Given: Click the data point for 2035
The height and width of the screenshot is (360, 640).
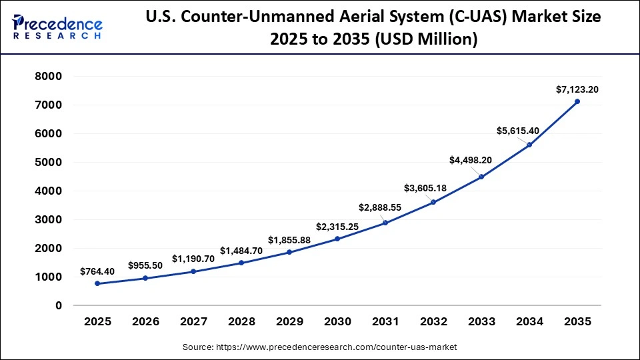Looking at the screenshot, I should (577, 101).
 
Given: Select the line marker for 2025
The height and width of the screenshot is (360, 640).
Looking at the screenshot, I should (97, 283).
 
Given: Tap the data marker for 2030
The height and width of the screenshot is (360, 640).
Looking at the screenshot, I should (337, 239).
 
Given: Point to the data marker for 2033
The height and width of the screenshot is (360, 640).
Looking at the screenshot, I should (481, 177).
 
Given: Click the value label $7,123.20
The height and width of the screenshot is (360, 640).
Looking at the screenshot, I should (577, 89).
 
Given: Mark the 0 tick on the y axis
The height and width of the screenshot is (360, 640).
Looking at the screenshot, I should (58, 305).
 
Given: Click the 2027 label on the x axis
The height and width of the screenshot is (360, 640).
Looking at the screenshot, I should (193, 321).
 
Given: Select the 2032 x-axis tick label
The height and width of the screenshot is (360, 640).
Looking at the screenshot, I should (433, 321).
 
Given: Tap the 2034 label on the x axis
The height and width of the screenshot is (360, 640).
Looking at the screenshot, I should (529, 321).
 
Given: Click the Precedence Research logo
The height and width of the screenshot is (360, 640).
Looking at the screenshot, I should (57, 27).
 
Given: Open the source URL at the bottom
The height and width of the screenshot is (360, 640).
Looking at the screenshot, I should (319, 347).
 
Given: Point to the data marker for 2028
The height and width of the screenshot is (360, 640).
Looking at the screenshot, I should (241, 263).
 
